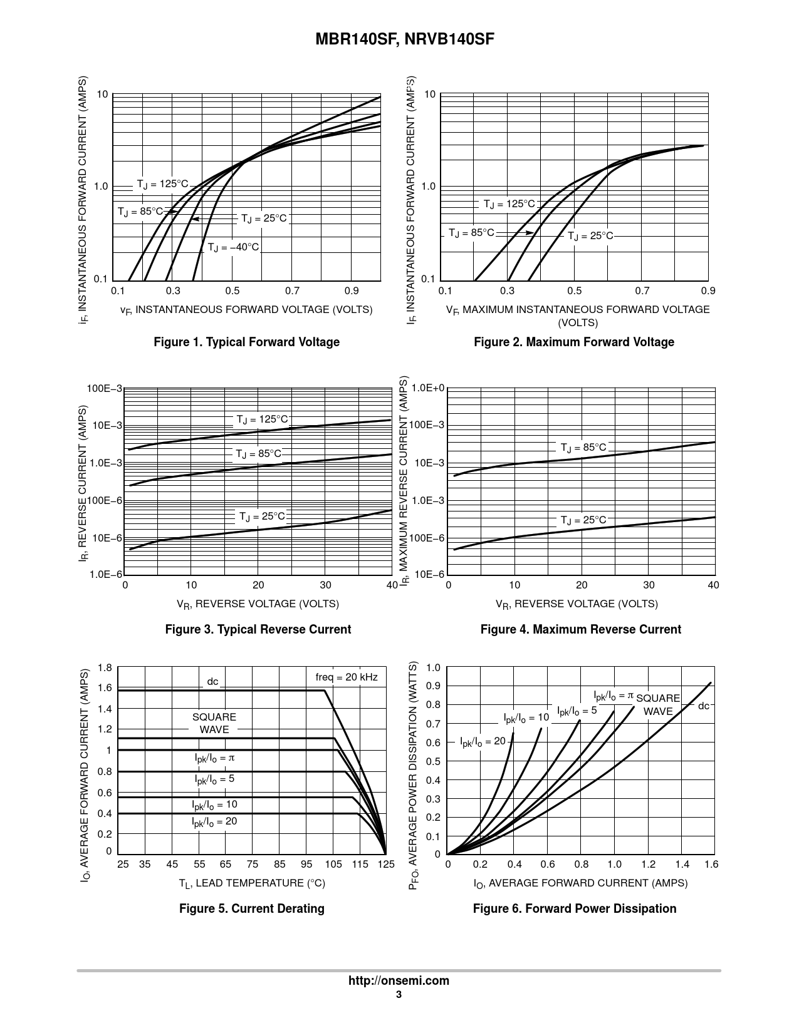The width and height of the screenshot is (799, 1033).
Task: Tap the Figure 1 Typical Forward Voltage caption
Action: pos(247,342)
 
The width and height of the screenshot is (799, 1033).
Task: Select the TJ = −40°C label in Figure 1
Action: pos(233,247)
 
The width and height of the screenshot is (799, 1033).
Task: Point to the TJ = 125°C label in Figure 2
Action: pos(509,204)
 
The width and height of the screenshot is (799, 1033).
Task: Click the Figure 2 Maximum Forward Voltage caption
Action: pos(574,342)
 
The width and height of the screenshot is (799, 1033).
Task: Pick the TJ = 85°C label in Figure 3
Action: pos(259,453)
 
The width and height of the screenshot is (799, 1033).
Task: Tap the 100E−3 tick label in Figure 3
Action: pos(105,389)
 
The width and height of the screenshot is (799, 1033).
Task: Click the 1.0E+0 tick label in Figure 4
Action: pos(428,389)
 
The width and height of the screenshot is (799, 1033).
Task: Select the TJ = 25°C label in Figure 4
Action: pos(583,520)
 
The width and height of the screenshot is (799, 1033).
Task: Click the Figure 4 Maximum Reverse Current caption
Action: pos(580,629)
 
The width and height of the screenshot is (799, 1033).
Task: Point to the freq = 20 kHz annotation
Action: pos(347,677)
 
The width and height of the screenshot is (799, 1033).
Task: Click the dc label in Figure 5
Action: pos(213,681)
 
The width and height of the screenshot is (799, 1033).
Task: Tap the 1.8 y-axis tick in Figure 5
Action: pos(105,668)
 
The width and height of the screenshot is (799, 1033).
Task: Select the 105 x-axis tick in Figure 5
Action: pos(333,864)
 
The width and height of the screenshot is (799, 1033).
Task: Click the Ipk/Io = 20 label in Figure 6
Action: pos(483,741)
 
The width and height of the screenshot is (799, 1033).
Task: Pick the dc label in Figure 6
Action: pos(704,706)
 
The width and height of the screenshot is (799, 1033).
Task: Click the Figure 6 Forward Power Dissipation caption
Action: pos(575,908)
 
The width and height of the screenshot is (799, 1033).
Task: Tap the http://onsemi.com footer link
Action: pos(399,980)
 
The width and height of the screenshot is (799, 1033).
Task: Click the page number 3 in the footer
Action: pos(399,995)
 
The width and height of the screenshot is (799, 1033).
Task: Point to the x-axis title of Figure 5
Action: pos(252,883)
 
